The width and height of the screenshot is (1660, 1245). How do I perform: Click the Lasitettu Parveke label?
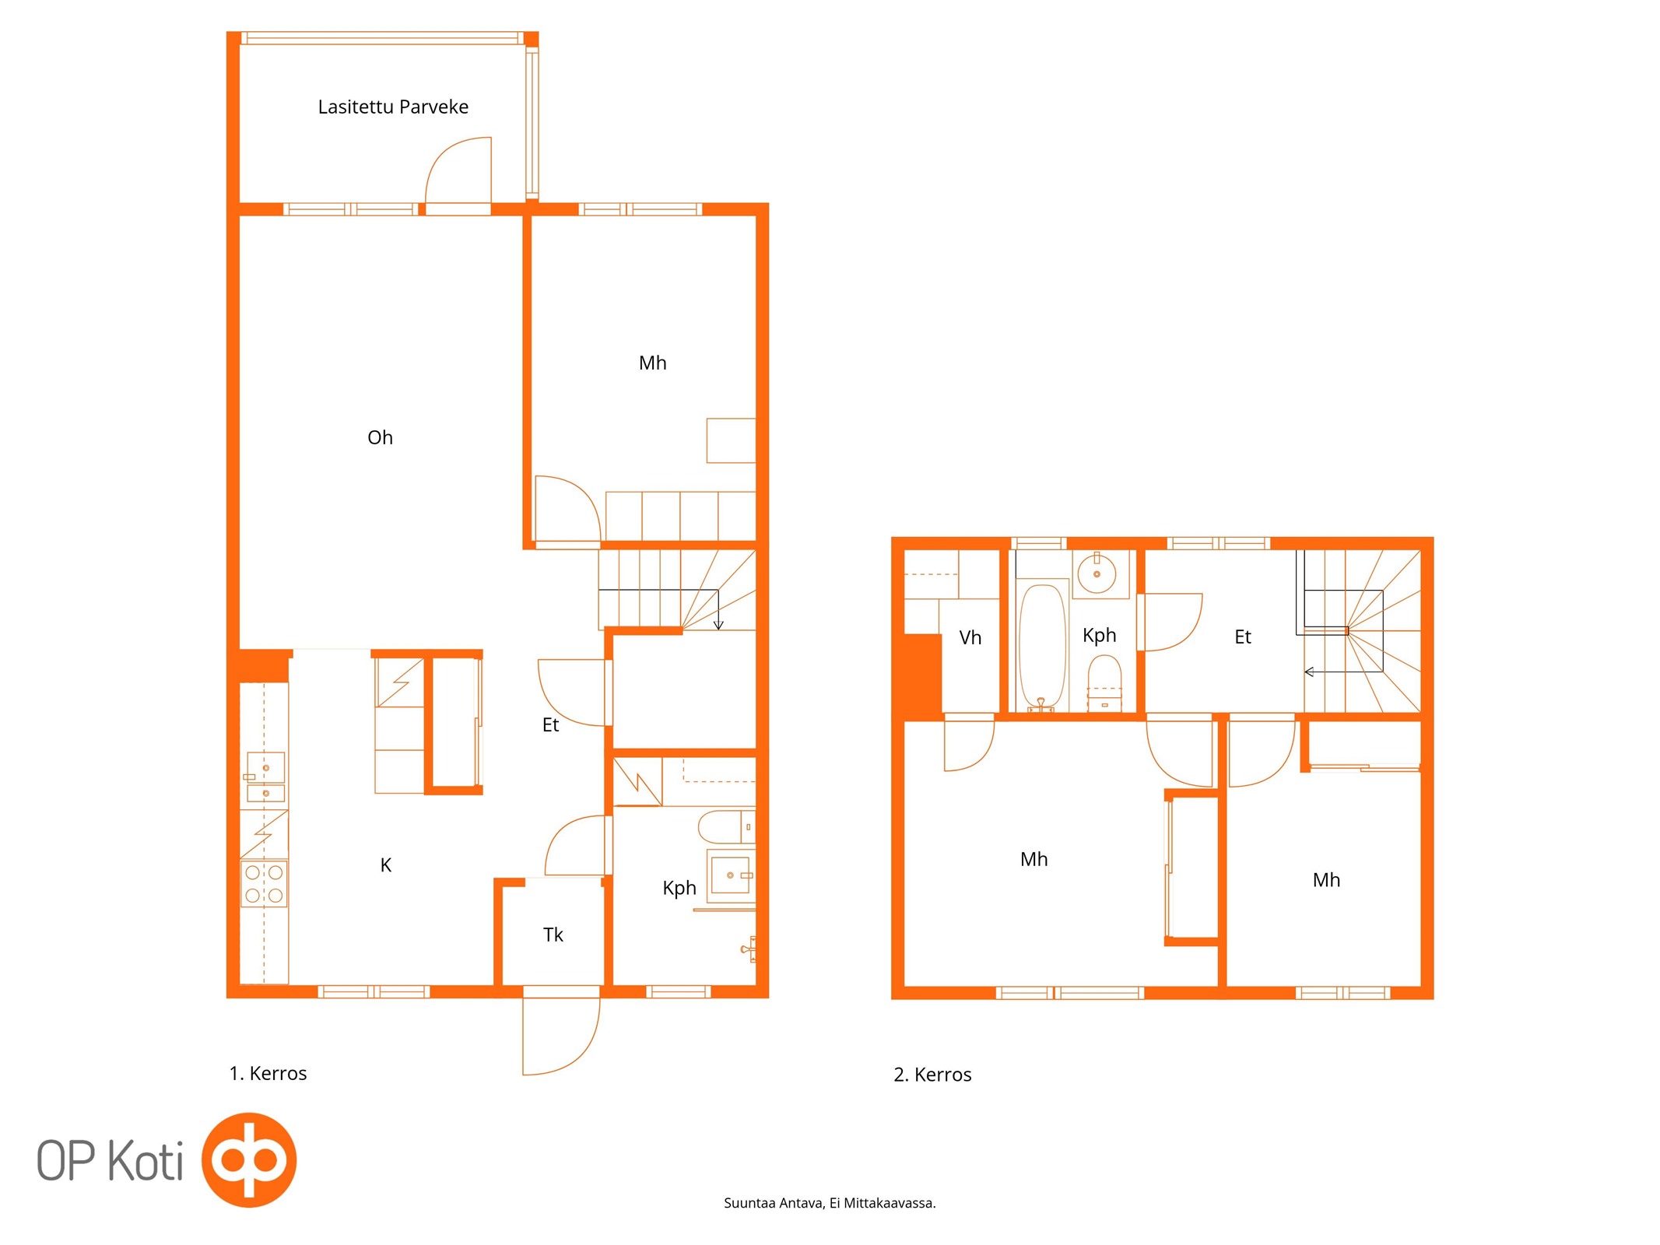(393, 107)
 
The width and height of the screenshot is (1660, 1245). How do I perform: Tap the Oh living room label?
(380, 437)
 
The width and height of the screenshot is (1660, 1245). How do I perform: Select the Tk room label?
(553, 935)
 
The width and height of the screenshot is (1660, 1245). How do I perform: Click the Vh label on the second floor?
(970, 638)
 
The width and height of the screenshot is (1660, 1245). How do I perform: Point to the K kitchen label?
(385, 864)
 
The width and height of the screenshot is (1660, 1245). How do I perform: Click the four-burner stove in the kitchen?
(264, 884)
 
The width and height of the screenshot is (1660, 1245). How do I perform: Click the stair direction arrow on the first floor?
(718, 609)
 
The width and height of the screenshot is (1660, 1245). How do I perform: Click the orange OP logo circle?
(249, 1159)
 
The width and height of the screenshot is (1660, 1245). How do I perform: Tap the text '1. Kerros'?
(268, 1074)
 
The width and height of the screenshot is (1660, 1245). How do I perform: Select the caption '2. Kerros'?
(932, 1075)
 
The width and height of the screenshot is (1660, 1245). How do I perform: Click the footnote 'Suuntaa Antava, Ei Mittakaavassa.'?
(830, 1203)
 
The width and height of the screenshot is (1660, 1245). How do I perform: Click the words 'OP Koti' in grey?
(110, 1160)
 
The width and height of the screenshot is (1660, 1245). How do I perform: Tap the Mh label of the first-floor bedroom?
(652, 363)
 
